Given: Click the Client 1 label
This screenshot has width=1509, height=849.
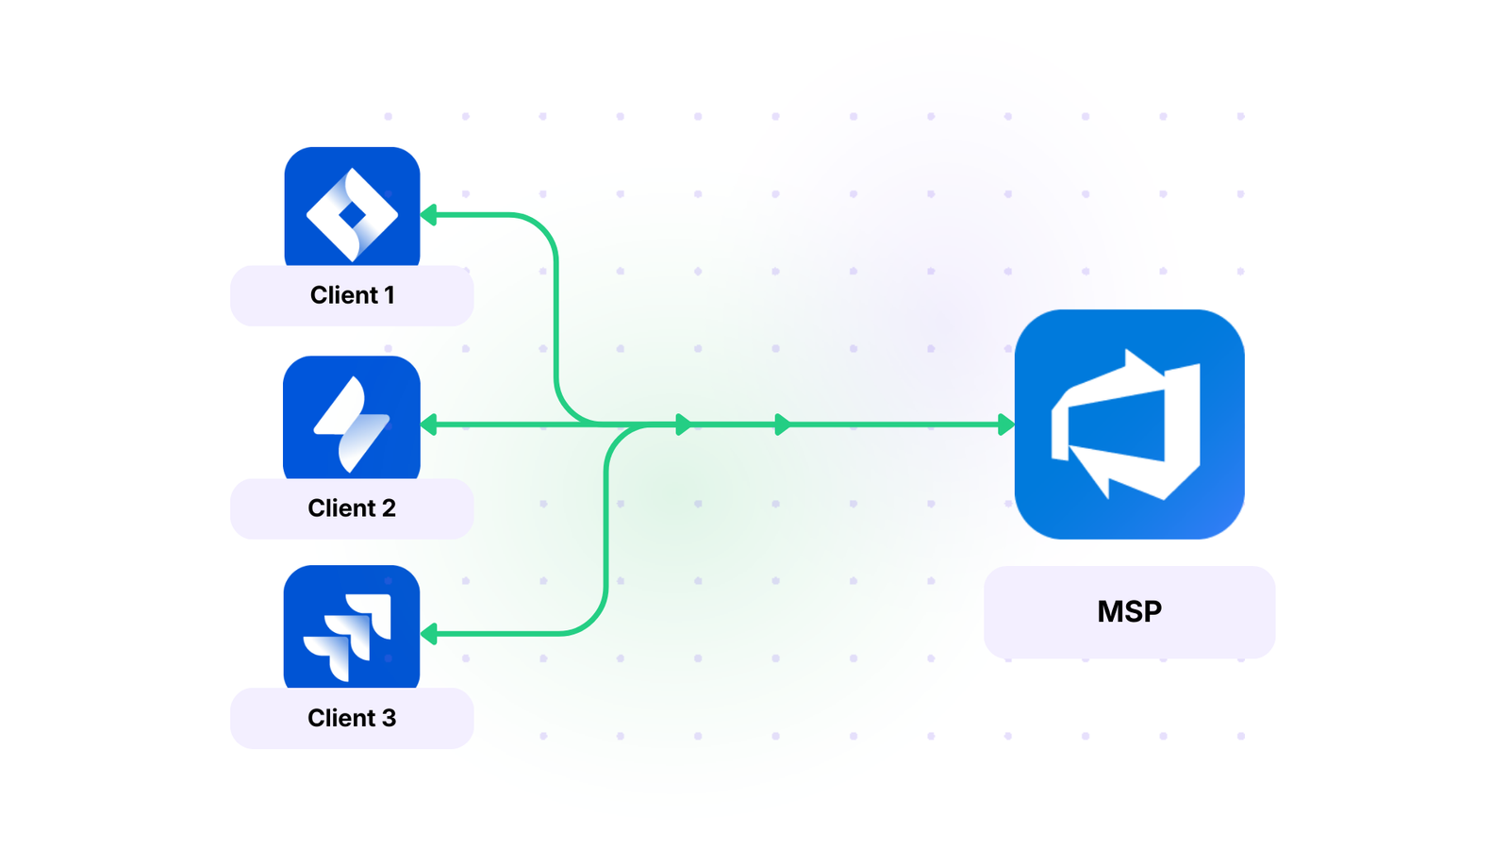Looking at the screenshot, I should tap(352, 295).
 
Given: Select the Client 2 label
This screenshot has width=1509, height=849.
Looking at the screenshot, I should tap(352, 508).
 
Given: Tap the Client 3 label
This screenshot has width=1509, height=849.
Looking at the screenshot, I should tap(352, 718).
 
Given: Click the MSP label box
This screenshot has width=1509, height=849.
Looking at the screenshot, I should tap(1129, 611).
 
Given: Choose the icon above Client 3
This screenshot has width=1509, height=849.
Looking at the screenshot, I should tap(352, 627).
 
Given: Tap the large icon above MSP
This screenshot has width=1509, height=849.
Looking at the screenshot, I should tap(1129, 424).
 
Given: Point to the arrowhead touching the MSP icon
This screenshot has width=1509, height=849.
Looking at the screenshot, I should tap(1005, 424).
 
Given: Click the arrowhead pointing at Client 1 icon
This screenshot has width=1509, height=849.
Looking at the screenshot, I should tap(429, 215).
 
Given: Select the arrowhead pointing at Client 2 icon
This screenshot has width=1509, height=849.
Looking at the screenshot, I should tap(429, 424).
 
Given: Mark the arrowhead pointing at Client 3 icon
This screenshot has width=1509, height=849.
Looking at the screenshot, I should tap(429, 634).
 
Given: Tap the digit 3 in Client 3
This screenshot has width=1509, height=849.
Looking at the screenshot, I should tap(389, 718).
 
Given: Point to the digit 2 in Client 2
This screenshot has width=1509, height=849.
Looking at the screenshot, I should tap(389, 508).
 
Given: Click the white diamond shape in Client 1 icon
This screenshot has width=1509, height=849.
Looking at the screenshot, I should tap(352, 215).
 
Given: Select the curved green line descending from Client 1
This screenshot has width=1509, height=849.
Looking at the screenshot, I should tap(556, 311).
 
